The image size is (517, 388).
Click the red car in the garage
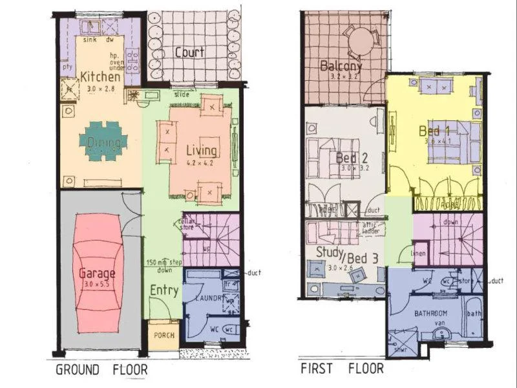click(99, 271)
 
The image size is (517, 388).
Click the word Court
click(189, 52)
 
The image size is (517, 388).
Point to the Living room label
click(202, 150)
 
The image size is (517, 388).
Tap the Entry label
click(164, 290)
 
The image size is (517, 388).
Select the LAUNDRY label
click(206, 298)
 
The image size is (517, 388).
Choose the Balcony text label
click(341, 66)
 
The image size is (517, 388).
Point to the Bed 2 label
click(352, 157)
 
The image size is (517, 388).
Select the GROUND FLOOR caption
click(101, 370)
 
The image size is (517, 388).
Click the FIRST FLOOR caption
click(342, 369)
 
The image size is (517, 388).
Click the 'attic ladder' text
click(371, 228)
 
